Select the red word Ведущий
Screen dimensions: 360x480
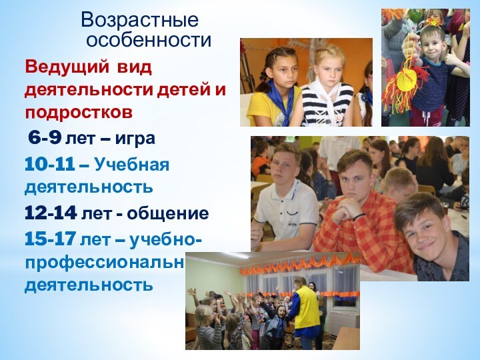point(67,67)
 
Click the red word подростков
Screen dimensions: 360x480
point(79,110)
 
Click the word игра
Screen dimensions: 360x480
point(135,139)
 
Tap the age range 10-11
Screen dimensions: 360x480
point(49,164)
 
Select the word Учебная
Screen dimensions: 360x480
point(132,164)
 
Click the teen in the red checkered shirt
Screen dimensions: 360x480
point(357,213)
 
